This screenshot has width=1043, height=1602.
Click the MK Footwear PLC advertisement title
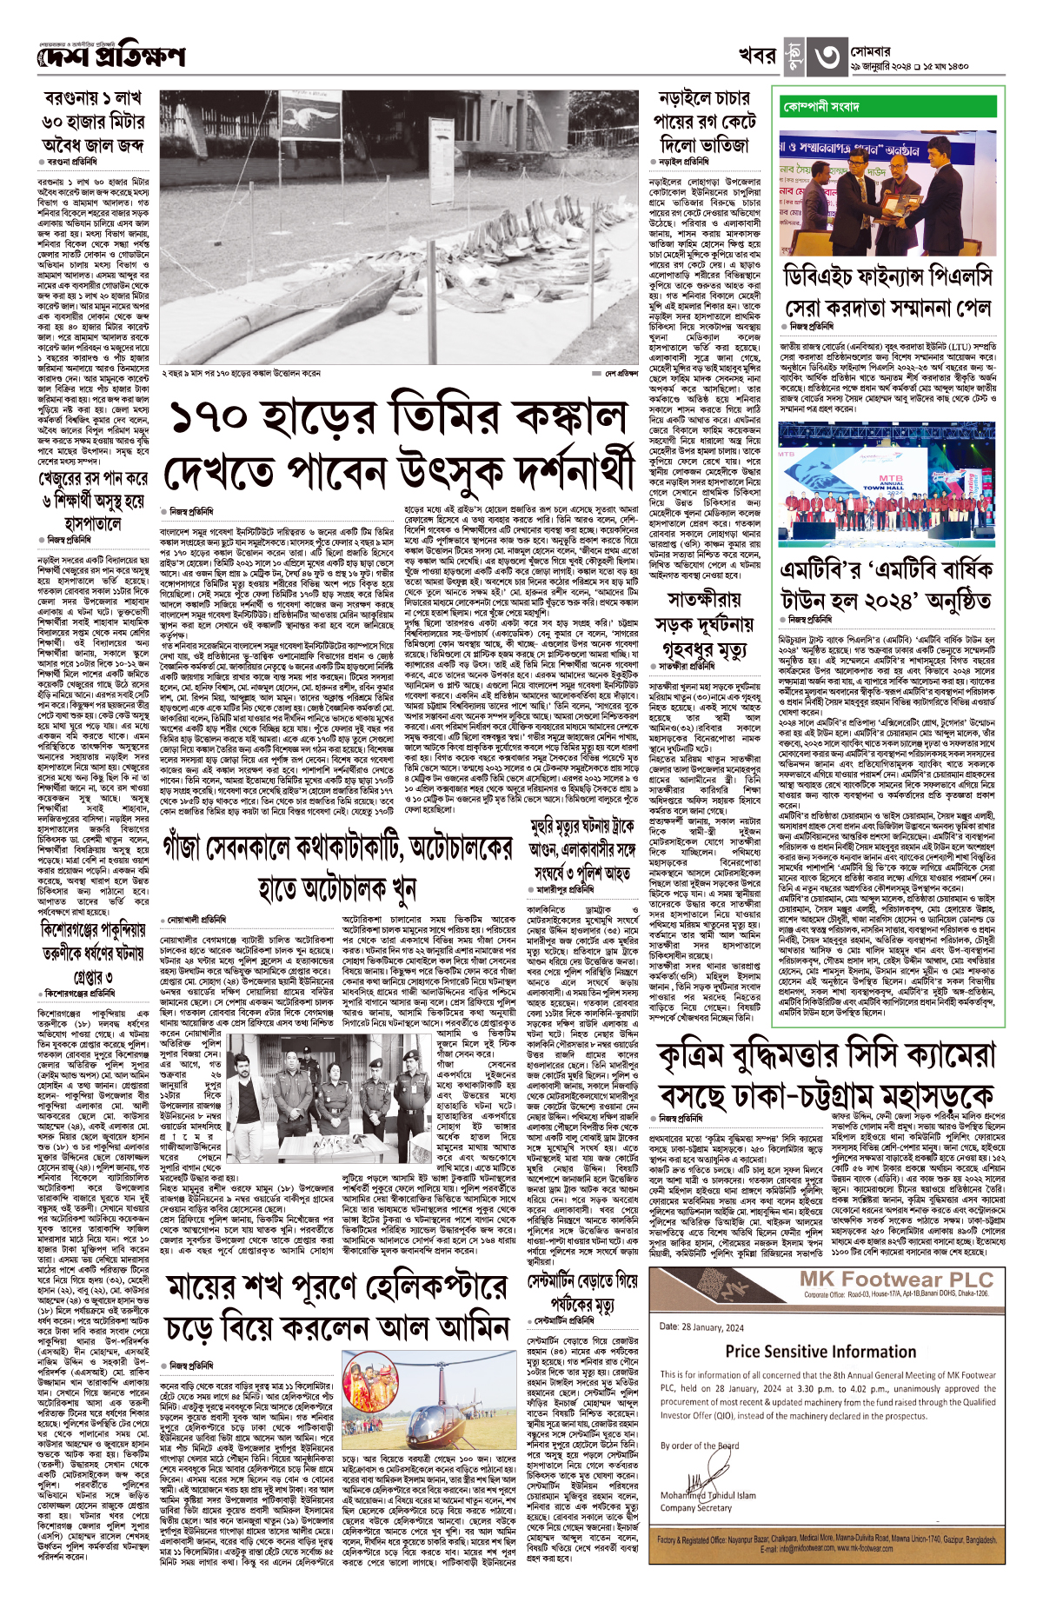(896, 1280)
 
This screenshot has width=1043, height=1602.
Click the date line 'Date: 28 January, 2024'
(701, 1326)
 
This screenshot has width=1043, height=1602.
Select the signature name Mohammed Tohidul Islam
(708, 1495)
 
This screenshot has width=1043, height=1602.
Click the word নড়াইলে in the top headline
(685, 100)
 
